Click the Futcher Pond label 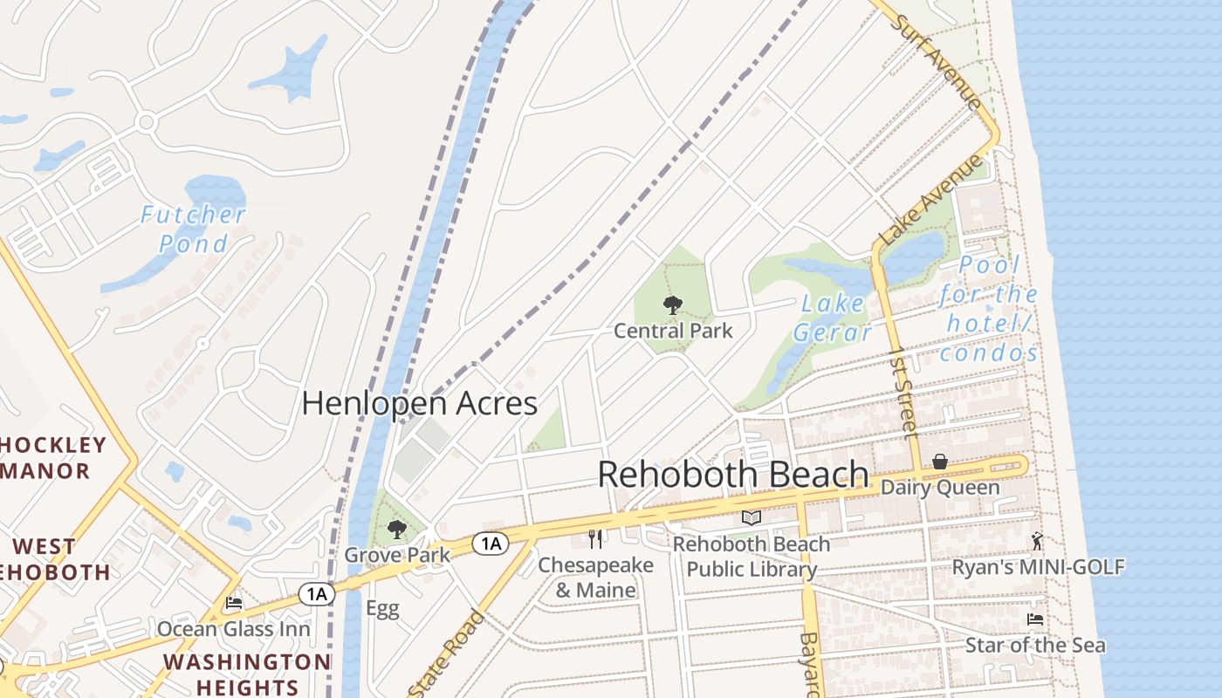(193, 229)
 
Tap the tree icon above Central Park (672, 305)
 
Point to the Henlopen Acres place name (419, 403)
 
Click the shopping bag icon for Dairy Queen (940, 462)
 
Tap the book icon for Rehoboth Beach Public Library (751, 518)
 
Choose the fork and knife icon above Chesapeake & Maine (595, 538)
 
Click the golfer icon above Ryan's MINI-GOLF (1037, 541)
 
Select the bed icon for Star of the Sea (1035, 619)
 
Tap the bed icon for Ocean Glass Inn (233, 603)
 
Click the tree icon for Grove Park (397, 529)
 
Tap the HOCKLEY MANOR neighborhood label (52, 458)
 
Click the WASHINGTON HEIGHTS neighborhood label (247, 674)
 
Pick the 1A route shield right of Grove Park (491, 544)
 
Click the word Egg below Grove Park (382, 608)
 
